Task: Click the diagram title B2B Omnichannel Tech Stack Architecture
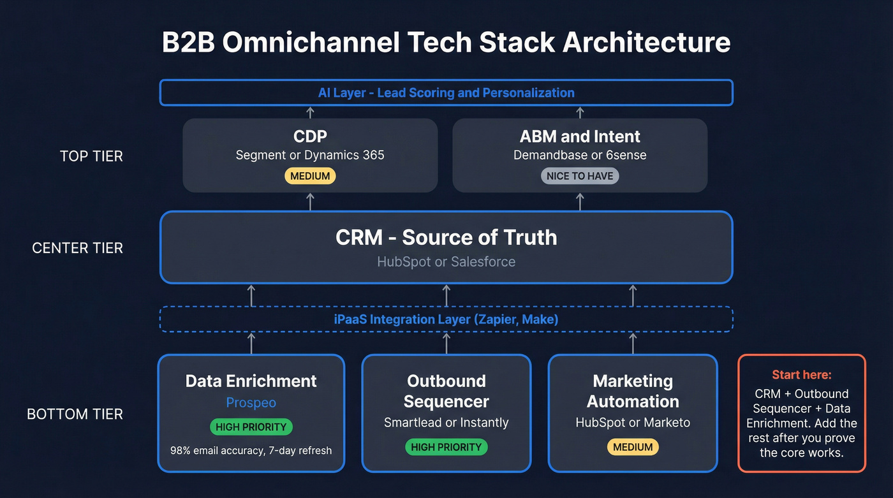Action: click(x=446, y=43)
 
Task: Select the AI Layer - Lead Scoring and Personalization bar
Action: click(x=446, y=93)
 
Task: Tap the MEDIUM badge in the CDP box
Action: click(x=310, y=176)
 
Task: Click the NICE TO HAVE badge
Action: click(x=580, y=176)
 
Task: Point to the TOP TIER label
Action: click(x=91, y=156)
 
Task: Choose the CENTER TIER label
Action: click(x=77, y=248)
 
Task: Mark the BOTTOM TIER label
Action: click(x=75, y=414)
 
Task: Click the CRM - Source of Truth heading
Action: click(x=446, y=237)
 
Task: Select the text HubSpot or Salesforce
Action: click(x=446, y=262)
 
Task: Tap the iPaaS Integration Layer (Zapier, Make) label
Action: click(x=446, y=319)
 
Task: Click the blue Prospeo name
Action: click(x=251, y=403)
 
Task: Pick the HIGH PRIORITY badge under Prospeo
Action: click(x=251, y=427)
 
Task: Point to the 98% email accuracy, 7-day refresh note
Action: click(x=251, y=451)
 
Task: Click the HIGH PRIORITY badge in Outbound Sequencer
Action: click(x=446, y=447)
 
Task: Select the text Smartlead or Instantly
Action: click(x=446, y=423)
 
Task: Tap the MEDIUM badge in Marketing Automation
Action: click(x=633, y=447)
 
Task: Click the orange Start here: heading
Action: click(x=801, y=375)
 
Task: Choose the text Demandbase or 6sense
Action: click(x=580, y=155)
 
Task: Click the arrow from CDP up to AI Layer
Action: click(x=310, y=112)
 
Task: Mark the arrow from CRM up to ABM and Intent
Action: click(x=580, y=201)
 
